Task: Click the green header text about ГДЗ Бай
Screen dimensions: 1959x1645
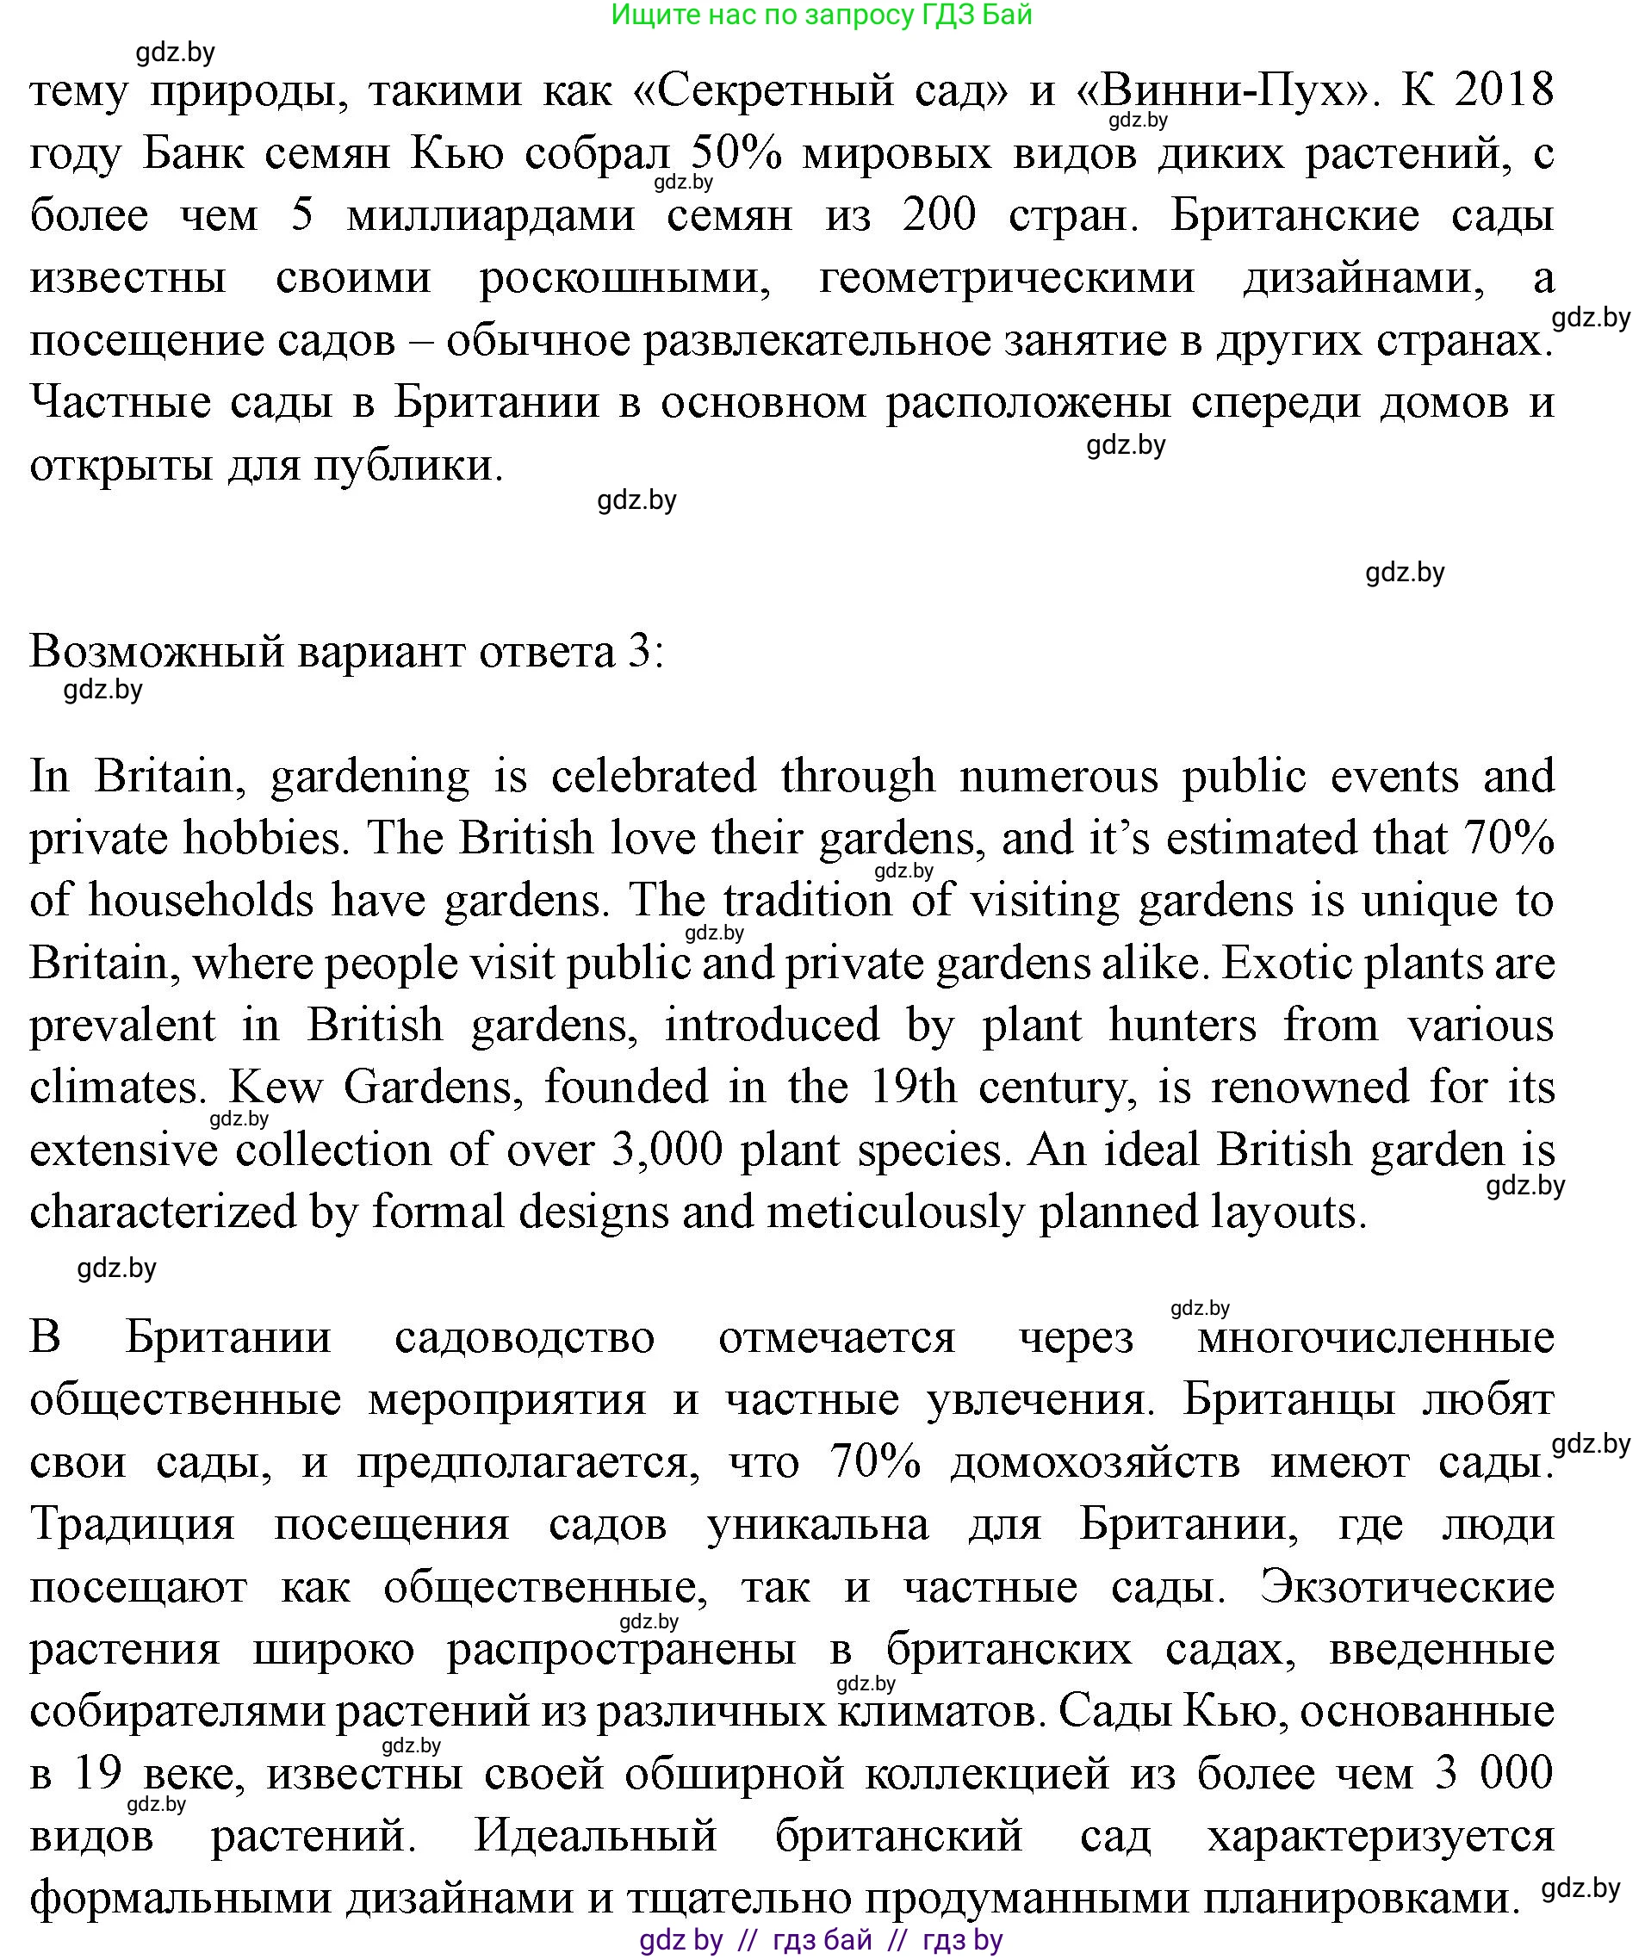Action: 821,15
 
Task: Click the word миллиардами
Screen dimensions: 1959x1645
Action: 491,215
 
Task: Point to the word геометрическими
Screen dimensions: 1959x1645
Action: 1006,278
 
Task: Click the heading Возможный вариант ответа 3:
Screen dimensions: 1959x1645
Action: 347,652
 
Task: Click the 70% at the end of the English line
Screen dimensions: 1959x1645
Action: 1509,838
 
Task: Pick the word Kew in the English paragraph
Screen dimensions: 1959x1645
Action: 275,1087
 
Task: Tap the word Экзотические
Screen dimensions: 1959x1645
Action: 1406,1587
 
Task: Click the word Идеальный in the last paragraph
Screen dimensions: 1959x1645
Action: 595,1836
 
